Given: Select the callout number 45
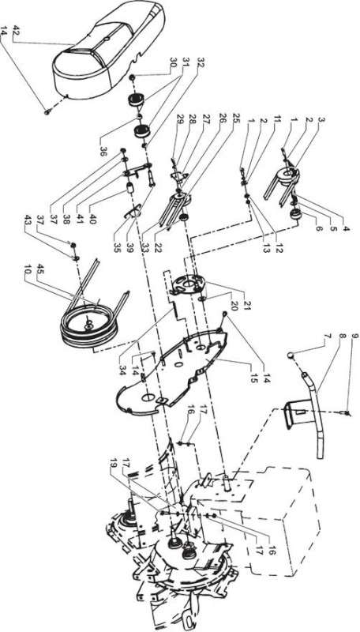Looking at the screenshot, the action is click(40, 269).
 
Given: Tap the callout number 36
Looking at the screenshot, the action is click(103, 142).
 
